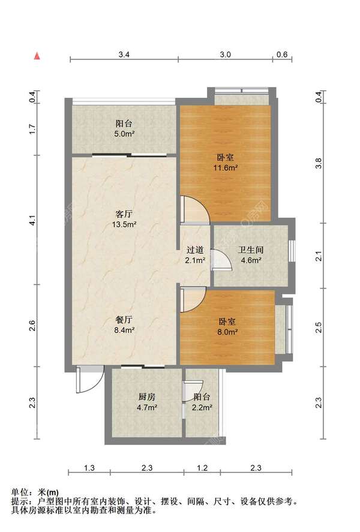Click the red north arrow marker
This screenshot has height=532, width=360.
tap(37, 56)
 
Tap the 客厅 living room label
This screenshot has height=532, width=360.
tap(124, 215)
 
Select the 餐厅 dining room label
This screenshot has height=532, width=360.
tap(124, 320)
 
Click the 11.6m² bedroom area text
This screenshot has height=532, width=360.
tap(225, 167)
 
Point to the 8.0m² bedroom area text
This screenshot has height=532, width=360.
tap(227, 332)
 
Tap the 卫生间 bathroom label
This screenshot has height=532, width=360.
tap(251, 250)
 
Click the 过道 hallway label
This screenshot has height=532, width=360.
tap(195, 250)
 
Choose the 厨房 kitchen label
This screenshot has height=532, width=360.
tap(146, 397)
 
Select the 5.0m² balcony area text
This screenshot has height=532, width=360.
tap(124, 134)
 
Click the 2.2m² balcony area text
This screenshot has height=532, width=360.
tap(202, 407)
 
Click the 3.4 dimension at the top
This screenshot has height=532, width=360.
tap(124, 55)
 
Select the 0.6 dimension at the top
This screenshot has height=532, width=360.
tap(282, 55)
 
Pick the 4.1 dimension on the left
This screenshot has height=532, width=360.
tap(32, 221)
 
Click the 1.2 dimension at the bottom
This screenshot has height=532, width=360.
tap(202, 468)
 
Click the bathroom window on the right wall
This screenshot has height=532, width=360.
tap(292, 251)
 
